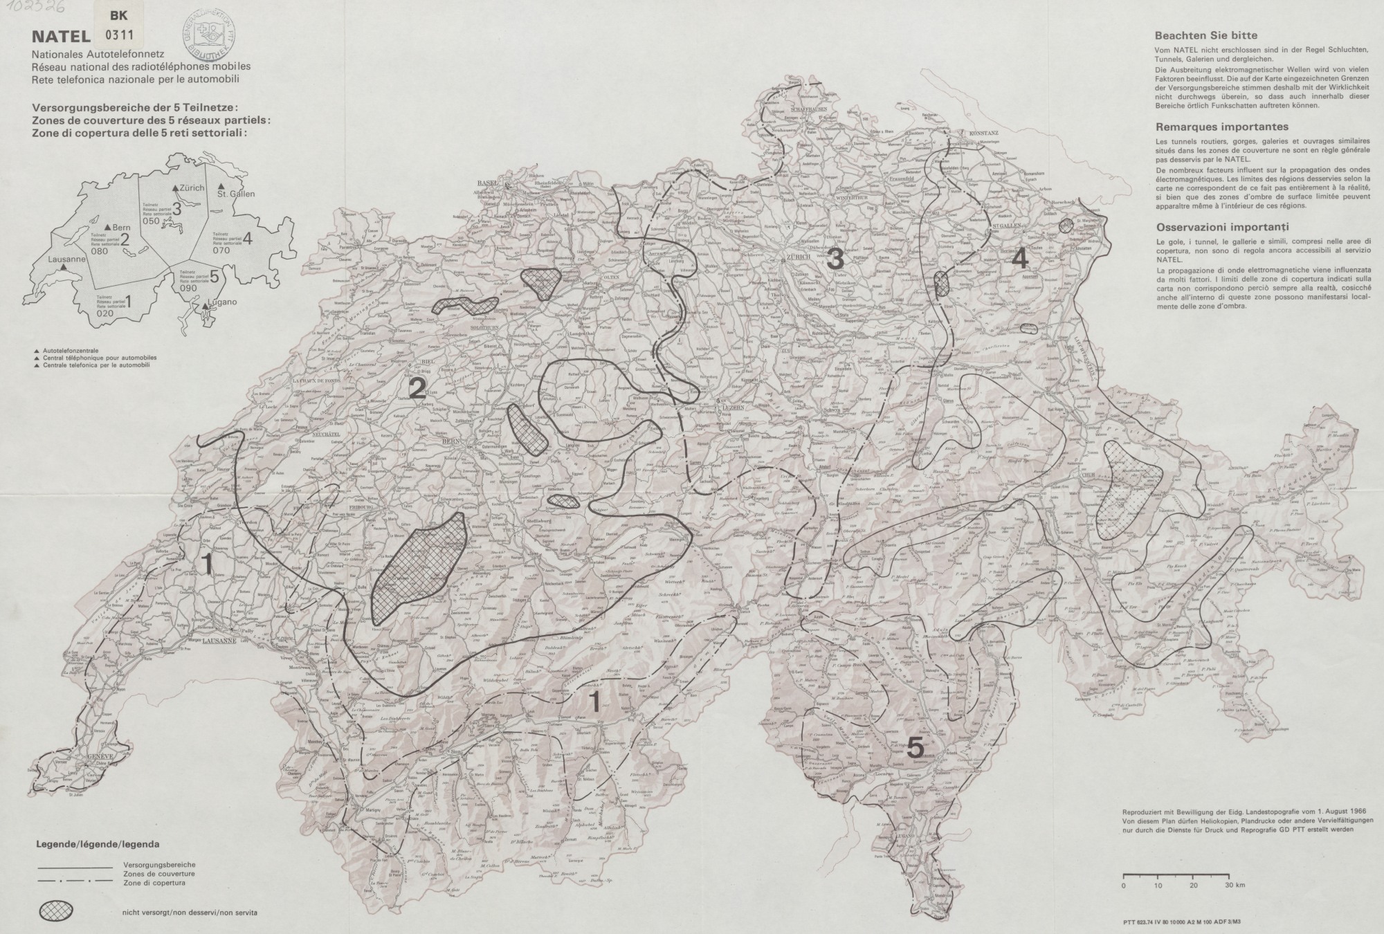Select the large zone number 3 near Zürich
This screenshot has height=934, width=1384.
click(x=835, y=259)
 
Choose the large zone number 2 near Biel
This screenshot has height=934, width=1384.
click(x=416, y=389)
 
